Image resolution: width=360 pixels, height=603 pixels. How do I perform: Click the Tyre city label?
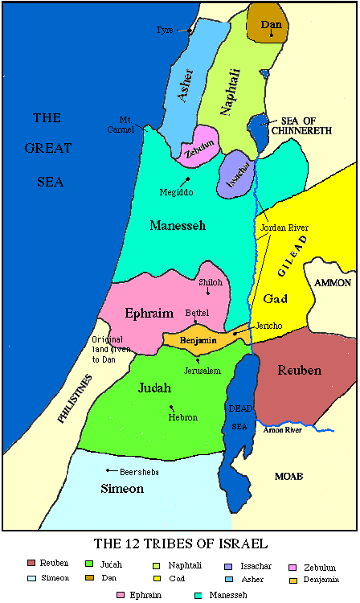click(x=165, y=31)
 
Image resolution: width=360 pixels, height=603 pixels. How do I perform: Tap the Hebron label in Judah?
click(x=182, y=417)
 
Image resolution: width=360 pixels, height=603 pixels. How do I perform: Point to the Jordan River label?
click(x=284, y=228)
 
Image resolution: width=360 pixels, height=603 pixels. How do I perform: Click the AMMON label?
click(x=333, y=283)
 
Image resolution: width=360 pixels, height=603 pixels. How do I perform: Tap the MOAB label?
click(x=288, y=476)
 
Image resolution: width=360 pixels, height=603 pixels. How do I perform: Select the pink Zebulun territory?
click(x=197, y=146)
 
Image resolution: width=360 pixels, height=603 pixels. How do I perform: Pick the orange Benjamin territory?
click(x=198, y=339)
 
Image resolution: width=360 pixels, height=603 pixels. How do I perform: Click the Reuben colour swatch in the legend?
click(x=31, y=563)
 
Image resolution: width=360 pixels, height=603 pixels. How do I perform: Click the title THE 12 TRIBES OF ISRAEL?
click(x=180, y=543)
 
